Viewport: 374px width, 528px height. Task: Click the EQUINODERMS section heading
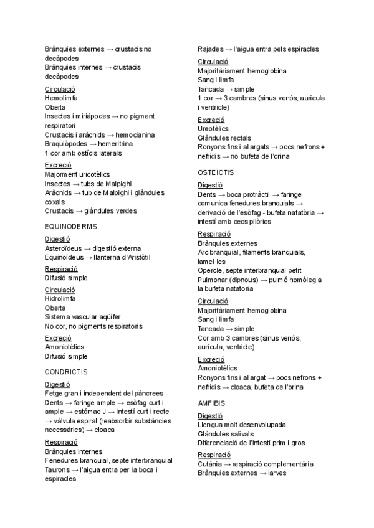71,226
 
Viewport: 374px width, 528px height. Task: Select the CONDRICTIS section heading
66,372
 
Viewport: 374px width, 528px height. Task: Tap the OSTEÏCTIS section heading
216,171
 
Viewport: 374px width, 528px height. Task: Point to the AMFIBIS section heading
212,403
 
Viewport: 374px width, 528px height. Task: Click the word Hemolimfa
60,98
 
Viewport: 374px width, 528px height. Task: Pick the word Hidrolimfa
60,298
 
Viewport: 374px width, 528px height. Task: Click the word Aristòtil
135,257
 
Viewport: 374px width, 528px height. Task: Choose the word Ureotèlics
213,129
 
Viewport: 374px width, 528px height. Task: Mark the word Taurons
58,469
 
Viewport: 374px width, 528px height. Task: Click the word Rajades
211,49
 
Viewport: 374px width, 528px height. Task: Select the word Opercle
211,271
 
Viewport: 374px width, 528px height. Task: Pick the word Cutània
211,464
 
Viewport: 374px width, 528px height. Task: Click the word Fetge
55,394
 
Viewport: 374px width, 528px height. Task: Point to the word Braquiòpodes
66,144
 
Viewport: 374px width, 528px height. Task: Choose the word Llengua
211,425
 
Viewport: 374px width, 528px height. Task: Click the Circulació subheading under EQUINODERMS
60,290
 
